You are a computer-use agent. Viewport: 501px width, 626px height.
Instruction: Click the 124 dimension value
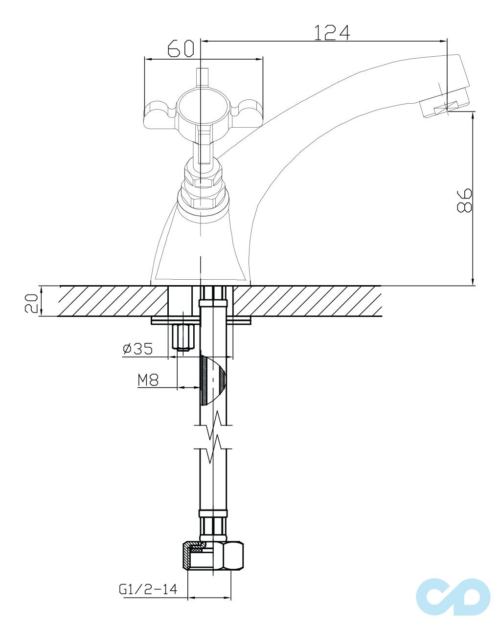tap(332, 32)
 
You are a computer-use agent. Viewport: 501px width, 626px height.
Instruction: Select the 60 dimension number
tap(181, 48)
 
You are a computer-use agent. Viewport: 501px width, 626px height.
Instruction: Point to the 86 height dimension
tap(464, 201)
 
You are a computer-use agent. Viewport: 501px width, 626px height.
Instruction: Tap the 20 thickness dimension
tap(31, 303)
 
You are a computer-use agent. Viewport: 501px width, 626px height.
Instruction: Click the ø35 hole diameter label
tap(137, 349)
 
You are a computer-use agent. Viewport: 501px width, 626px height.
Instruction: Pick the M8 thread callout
tap(148, 380)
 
